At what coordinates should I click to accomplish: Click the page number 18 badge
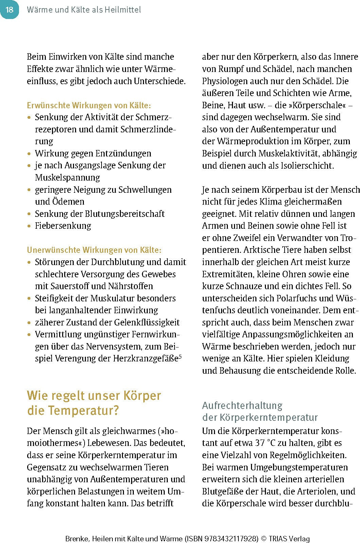[9, 10]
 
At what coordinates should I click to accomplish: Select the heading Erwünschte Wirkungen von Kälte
[89, 105]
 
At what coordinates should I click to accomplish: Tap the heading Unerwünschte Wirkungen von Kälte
[94, 250]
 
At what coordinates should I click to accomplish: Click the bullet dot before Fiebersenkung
[29, 226]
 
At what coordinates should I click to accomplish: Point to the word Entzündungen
[124, 153]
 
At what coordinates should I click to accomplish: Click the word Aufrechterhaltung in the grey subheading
[242, 406]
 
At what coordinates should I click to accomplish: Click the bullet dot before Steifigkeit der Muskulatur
[29, 299]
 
